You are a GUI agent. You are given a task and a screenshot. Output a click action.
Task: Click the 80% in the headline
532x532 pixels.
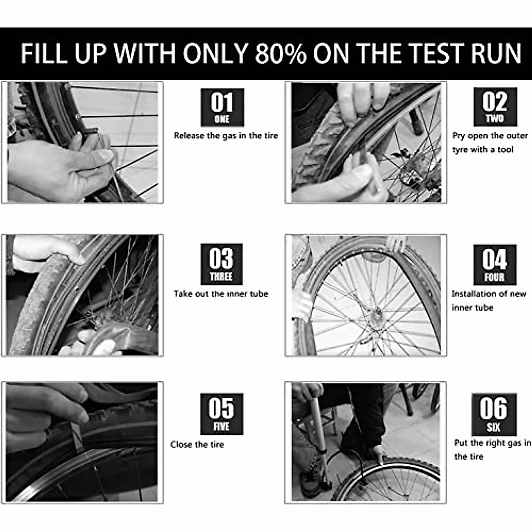click(x=280, y=54)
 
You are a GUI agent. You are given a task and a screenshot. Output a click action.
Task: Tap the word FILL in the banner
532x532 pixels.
click(x=44, y=54)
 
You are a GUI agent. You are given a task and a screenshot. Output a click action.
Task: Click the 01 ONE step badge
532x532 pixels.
click(x=222, y=107)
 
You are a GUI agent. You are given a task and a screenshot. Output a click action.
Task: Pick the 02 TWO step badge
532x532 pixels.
click(x=495, y=107)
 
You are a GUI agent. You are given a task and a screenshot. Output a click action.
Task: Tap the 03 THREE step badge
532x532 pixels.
click(x=221, y=264)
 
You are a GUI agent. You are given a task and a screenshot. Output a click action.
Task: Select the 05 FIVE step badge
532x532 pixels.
click(x=221, y=414)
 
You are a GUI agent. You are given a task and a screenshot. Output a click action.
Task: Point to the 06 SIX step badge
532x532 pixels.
click(x=494, y=414)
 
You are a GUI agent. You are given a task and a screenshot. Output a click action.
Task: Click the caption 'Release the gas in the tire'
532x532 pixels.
click(x=226, y=136)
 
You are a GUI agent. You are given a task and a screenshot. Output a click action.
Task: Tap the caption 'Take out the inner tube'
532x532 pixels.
click(x=221, y=293)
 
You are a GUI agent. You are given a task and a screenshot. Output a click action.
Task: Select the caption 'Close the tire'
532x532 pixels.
click(x=197, y=444)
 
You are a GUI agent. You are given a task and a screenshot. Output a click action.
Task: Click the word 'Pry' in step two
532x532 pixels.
click(x=458, y=136)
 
